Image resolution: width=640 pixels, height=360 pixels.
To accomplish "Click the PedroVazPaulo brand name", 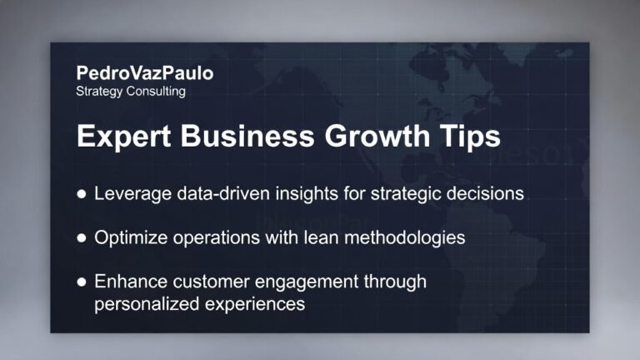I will coord(144,73).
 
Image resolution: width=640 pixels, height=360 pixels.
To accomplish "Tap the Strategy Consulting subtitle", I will coord(130,91).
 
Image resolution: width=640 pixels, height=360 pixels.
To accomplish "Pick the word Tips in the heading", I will coord(469,137).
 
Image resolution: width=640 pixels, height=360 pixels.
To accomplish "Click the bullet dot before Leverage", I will coord(82,193).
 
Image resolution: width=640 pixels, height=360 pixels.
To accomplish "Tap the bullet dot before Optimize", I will coord(82,237).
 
